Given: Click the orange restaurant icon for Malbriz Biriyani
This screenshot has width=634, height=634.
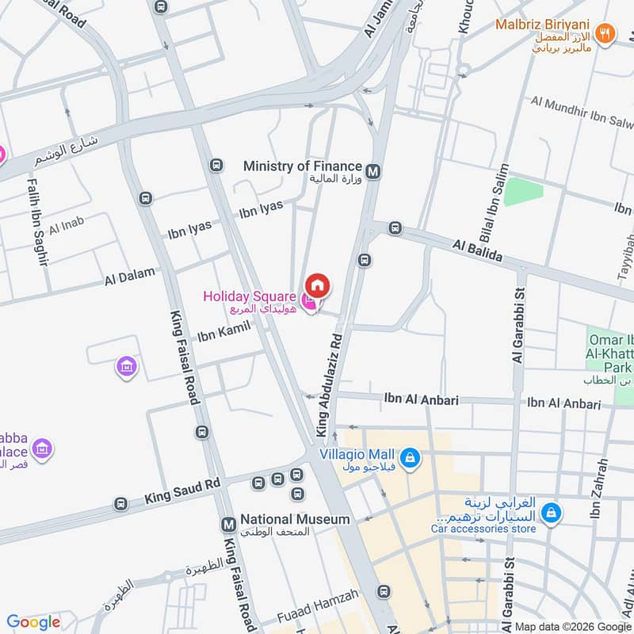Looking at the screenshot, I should click(x=606, y=34).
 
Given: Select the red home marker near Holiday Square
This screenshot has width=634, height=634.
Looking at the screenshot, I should click(x=319, y=285).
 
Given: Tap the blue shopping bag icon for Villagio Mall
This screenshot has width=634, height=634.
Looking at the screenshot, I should click(x=410, y=457).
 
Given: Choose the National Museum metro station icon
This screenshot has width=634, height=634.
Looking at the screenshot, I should click(x=228, y=524).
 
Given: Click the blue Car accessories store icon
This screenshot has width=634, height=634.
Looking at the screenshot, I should click(x=552, y=514).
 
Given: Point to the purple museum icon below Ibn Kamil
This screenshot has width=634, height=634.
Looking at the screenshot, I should click(x=126, y=367).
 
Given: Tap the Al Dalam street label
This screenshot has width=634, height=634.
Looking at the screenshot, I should click(x=126, y=278).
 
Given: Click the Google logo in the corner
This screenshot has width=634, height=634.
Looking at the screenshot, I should click(x=33, y=622).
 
